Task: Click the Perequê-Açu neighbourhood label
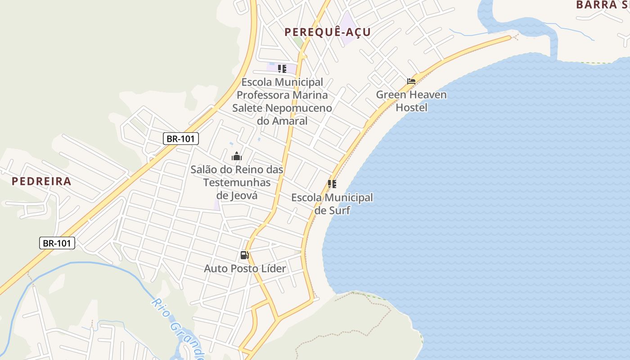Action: click(327, 32)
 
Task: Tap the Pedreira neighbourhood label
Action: click(41, 181)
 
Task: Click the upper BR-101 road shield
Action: click(180, 139)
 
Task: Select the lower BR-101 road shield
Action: click(57, 243)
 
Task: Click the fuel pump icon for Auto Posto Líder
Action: click(244, 256)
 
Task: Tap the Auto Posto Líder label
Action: click(245, 269)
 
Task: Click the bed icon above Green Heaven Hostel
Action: click(411, 81)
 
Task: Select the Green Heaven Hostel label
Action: click(411, 101)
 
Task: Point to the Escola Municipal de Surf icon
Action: click(332, 184)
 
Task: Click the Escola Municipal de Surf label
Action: click(332, 204)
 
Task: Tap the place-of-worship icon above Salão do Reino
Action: click(237, 157)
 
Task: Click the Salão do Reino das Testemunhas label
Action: click(237, 176)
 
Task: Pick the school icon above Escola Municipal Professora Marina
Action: click(282, 69)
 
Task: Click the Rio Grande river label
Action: click(179, 328)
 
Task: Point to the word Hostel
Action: click(411, 108)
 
